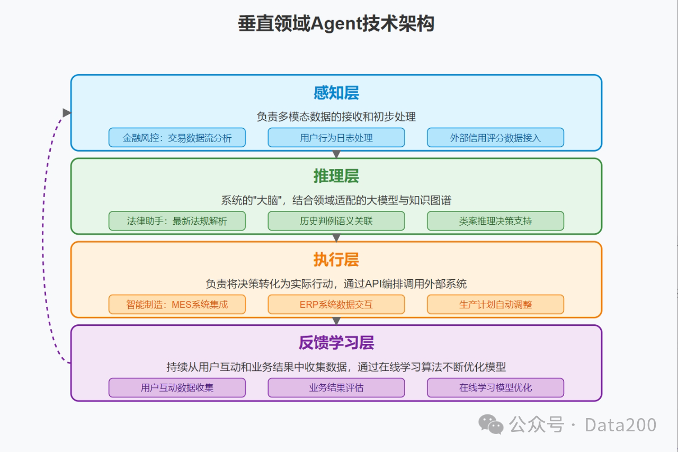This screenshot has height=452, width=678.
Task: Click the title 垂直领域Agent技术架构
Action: pos(336,24)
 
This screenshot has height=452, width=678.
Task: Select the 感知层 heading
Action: pos(336,93)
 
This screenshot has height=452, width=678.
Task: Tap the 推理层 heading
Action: pos(336,176)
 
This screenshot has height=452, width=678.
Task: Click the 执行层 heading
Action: pos(336,260)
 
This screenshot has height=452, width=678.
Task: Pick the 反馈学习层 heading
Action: pos(336,343)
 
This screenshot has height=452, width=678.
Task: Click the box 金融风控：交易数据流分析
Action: pos(177,138)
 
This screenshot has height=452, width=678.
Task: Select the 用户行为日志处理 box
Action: pos(336,138)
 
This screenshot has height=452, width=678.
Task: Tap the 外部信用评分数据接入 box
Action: pos(495,138)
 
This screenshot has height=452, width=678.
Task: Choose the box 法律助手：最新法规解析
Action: pos(177,221)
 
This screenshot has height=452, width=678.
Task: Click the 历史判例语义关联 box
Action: pos(336,221)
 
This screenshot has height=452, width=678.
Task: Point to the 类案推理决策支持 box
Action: pos(495,221)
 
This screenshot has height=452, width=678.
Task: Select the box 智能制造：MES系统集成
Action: pos(177,305)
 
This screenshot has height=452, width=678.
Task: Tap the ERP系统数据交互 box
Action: pos(336,305)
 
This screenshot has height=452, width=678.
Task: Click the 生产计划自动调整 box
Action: pos(495,305)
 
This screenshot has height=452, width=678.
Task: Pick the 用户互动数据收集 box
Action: pos(177,387)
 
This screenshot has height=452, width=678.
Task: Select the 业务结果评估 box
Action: pos(336,387)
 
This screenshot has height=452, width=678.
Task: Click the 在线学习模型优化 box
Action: pos(495,387)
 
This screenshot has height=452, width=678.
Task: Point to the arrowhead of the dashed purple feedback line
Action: pos(67,112)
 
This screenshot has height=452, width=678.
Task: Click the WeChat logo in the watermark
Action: pos(491,424)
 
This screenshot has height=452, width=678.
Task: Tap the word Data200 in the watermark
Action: pos(620,424)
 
